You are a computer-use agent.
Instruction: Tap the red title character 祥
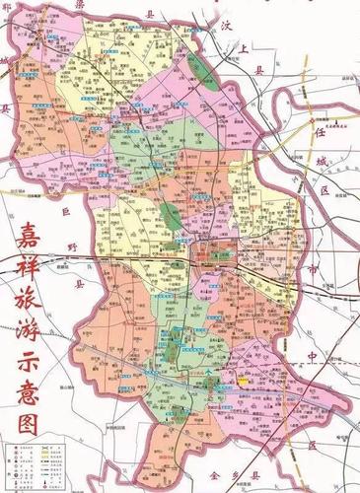pos(37,275)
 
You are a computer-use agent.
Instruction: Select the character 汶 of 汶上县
pos(227,22)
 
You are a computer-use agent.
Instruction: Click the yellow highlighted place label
pos(242,377)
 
